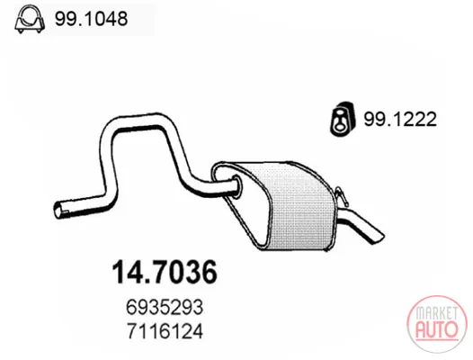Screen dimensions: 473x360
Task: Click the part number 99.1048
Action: click(91, 19)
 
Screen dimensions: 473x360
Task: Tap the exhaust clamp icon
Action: click(30, 19)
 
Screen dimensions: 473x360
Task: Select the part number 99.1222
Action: click(400, 119)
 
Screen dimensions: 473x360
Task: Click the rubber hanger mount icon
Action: click(343, 119)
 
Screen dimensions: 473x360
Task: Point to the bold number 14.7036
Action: click(165, 271)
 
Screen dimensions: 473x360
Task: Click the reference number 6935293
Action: click(165, 308)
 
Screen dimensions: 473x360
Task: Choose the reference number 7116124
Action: click(165, 331)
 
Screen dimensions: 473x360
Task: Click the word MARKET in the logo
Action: click(436, 313)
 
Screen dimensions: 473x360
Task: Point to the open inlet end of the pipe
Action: click(58, 209)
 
